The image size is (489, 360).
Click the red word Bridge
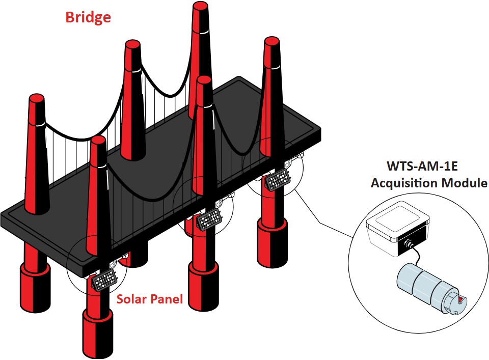[x=88, y=18]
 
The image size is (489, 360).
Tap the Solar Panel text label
[x=149, y=299]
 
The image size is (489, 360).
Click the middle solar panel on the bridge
[x=209, y=220]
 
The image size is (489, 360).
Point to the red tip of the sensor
[x=460, y=300]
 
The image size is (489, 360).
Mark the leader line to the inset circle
[x=326, y=224]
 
